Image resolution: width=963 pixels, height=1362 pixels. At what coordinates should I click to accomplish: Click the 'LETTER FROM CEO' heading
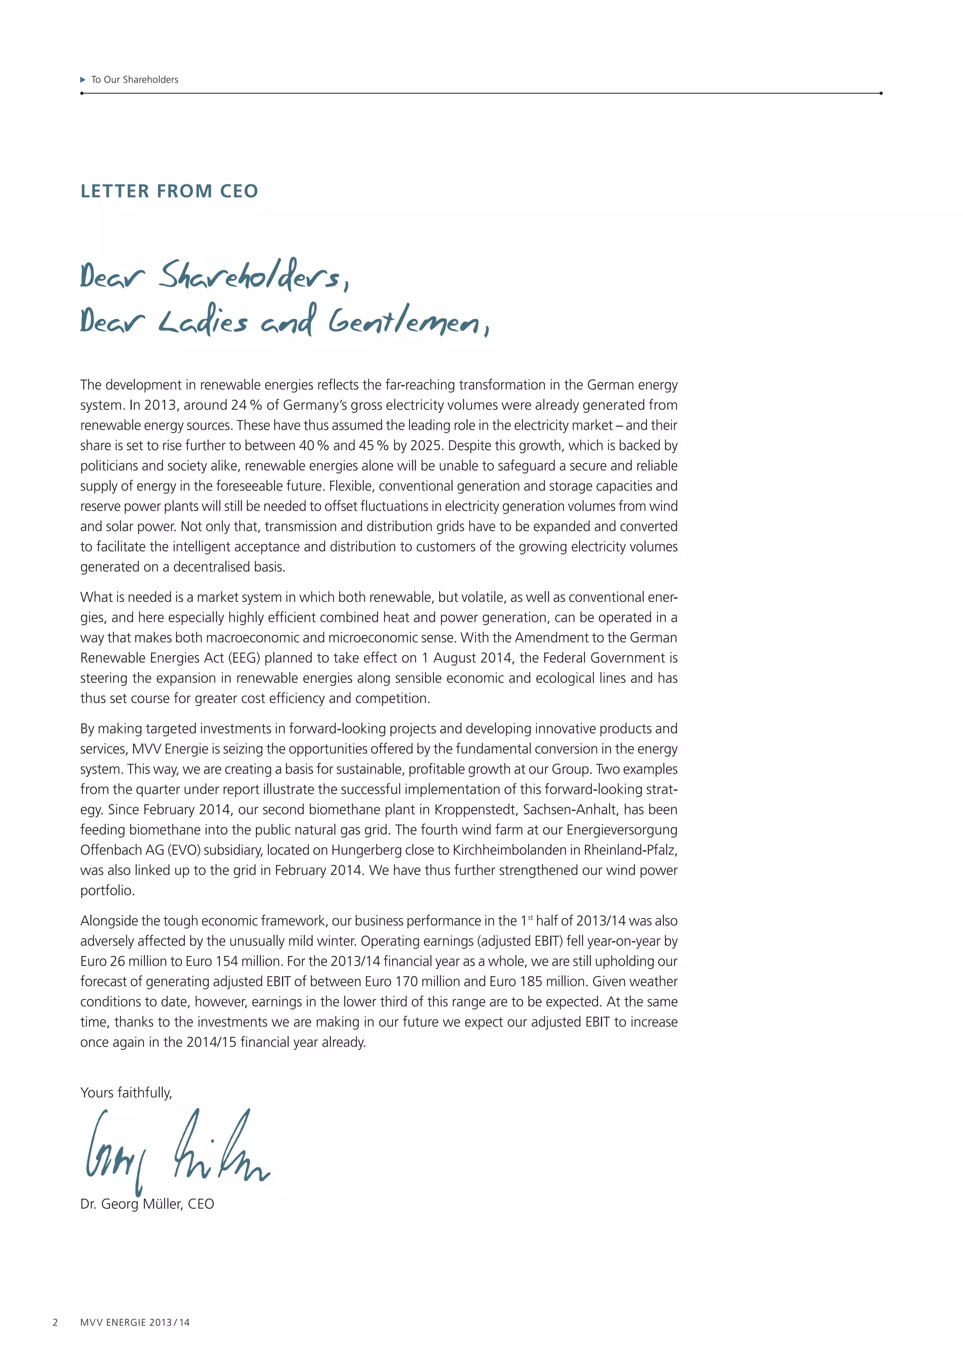tap(169, 191)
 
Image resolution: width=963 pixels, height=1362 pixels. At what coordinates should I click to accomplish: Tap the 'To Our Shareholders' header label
tap(134, 79)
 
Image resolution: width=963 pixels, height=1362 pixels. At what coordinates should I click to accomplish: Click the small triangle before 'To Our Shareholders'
tap(83, 79)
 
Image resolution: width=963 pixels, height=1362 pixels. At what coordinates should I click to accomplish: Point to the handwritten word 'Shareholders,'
tap(254, 276)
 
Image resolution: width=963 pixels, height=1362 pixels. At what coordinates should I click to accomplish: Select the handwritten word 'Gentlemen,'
tap(409, 322)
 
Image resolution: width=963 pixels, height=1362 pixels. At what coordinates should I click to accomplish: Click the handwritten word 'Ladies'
tap(203, 322)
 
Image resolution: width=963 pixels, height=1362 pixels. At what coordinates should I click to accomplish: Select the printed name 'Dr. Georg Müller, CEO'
tap(147, 1204)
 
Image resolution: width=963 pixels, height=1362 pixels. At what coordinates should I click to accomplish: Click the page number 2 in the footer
tap(55, 1322)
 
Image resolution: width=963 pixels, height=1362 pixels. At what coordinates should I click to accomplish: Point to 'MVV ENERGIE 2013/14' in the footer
tap(135, 1322)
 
